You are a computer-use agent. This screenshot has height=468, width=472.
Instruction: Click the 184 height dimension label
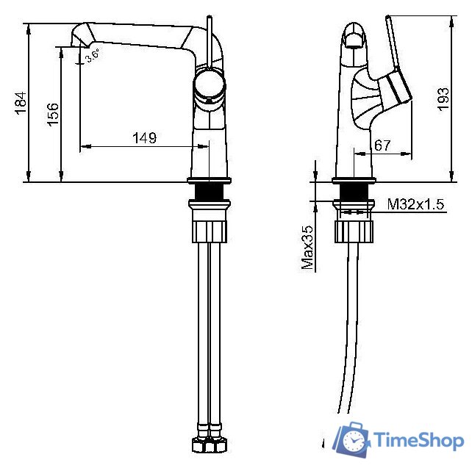[x=21, y=103]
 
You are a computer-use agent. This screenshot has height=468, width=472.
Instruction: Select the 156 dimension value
[x=53, y=115]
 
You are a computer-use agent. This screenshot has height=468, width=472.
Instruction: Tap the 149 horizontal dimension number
[x=145, y=138]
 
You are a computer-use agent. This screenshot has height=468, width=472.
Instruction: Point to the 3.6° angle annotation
[x=92, y=55]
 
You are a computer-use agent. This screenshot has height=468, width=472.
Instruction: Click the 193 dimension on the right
[x=443, y=100]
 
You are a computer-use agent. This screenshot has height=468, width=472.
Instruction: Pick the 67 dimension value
[x=382, y=145]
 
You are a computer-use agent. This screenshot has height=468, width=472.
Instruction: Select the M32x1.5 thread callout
[x=415, y=204]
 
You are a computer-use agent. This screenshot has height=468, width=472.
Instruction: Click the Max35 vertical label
[x=307, y=248]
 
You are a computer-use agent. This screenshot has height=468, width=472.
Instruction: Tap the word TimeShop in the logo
[x=419, y=441]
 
